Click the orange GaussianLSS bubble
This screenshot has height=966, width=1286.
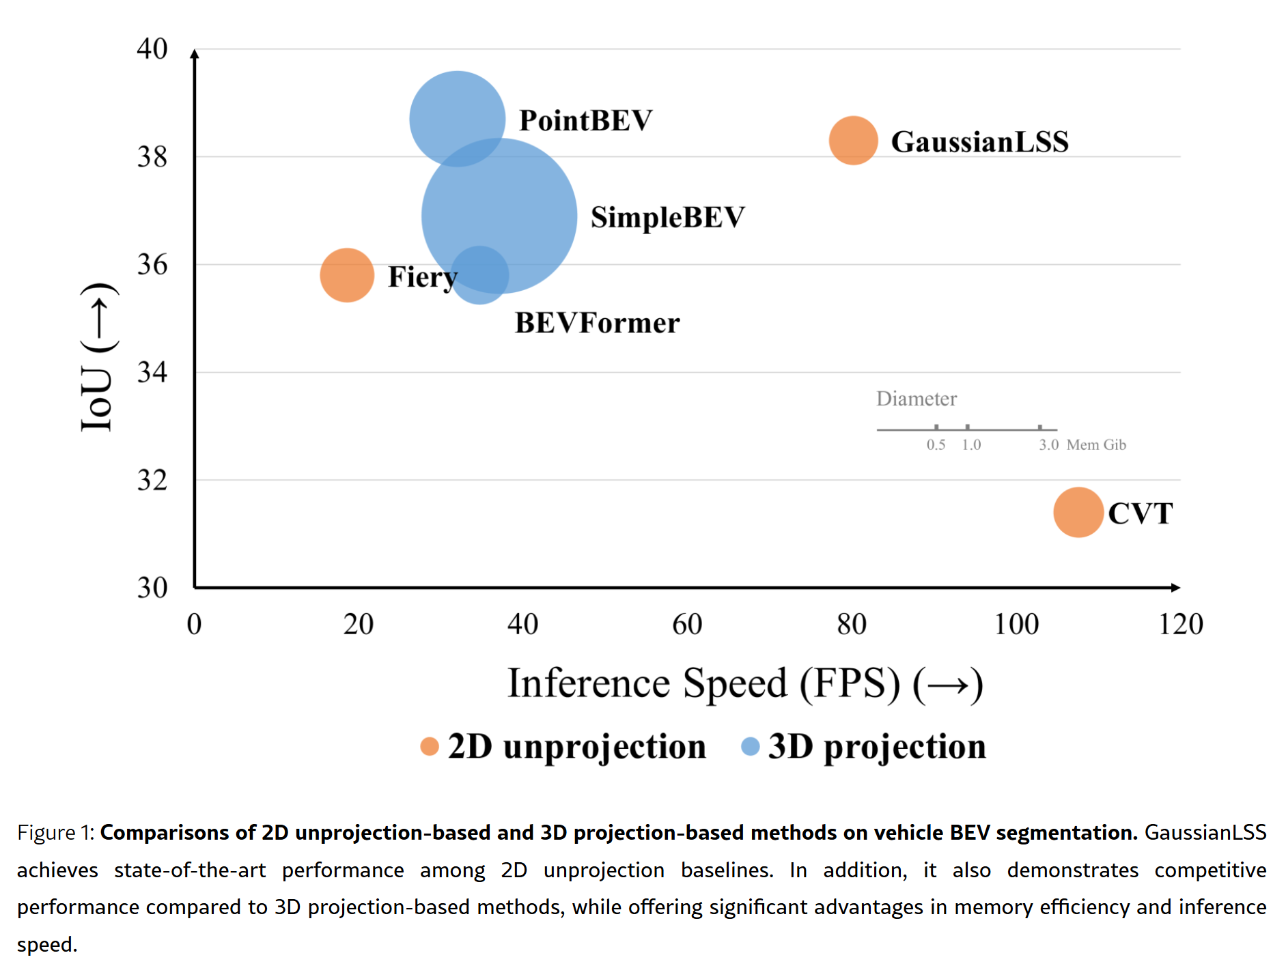(853, 141)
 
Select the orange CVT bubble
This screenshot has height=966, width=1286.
(1078, 512)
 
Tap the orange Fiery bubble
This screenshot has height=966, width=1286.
(347, 275)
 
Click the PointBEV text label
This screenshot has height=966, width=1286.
(585, 120)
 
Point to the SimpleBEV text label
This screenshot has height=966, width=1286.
(667, 217)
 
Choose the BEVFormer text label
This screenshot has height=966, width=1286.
(597, 323)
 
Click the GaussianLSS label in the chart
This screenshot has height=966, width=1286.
(979, 142)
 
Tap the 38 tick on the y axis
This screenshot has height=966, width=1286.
(152, 157)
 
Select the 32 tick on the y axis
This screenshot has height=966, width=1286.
(152, 480)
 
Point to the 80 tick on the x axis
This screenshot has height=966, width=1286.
(852, 624)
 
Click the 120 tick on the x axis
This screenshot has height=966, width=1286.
(1180, 624)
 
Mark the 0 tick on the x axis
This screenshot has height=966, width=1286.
(195, 624)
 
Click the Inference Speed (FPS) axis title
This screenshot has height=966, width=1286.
(744, 683)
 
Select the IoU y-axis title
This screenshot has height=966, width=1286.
(98, 357)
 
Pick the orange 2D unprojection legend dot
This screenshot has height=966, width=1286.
(430, 746)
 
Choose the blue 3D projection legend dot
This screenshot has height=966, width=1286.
(751, 746)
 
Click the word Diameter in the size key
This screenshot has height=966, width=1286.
(917, 399)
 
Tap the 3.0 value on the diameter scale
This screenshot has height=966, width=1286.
(1048, 445)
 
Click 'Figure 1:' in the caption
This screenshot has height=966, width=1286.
(56, 833)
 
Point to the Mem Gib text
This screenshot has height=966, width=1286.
(1096, 445)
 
